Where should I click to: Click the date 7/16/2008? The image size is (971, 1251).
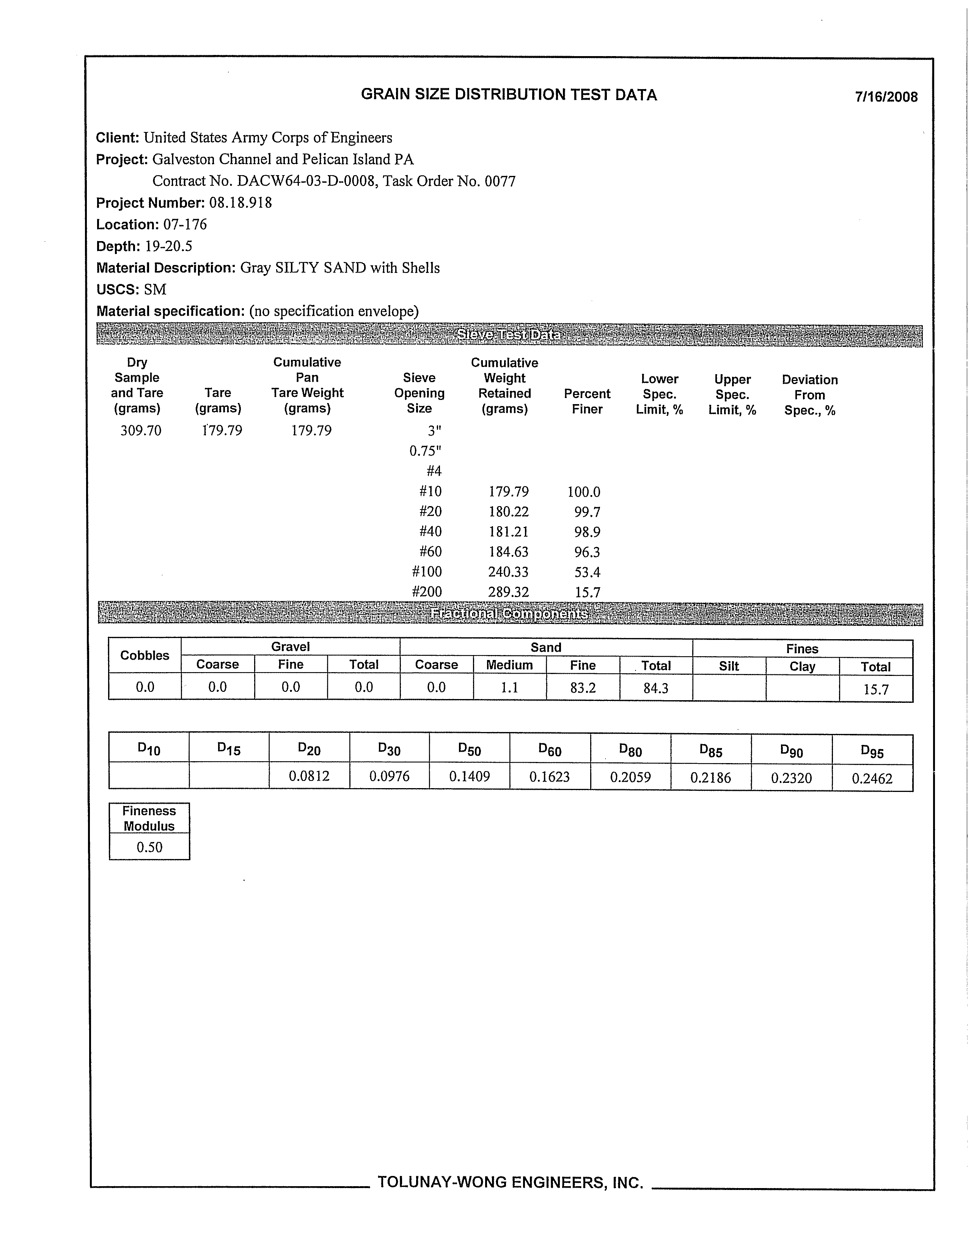pos(886,97)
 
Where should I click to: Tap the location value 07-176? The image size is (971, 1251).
pos(185,224)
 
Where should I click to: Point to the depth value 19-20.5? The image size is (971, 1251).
pos(168,246)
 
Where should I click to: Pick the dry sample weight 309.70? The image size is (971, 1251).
pos(140,431)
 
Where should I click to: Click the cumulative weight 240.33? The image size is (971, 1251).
pos(508,572)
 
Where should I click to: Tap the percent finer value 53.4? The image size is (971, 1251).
pos(587,572)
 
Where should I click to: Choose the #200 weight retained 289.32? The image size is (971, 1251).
pos(508,592)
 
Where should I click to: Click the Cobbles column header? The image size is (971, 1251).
pos(145,655)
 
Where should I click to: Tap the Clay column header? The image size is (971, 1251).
pos(802,666)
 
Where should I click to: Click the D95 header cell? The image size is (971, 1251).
pos(872,751)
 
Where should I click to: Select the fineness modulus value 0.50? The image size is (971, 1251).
pos(149,847)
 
